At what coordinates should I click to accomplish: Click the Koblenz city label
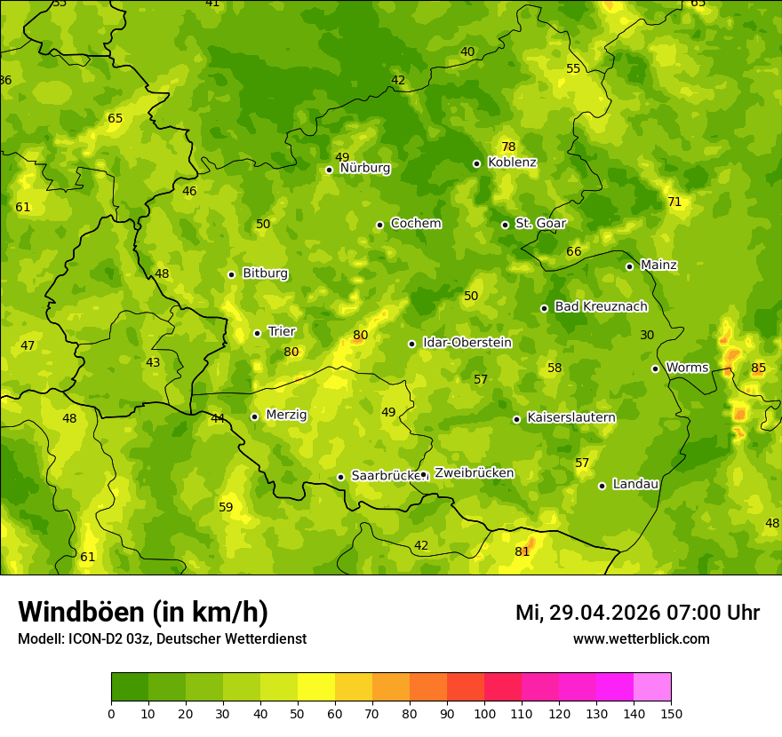512,162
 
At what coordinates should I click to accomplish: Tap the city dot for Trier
258,333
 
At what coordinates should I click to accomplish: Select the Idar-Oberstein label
467,343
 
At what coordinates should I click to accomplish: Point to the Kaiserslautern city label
571,417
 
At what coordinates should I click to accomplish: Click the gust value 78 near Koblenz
508,147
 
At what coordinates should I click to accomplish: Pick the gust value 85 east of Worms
758,368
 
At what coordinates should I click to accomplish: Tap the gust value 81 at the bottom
522,551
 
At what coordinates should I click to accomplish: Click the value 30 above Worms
647,335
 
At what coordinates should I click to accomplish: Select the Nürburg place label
364,168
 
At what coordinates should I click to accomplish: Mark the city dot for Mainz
629,266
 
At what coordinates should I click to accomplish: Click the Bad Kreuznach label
601,306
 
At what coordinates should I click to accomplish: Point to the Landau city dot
602,486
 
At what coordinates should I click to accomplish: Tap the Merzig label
286,415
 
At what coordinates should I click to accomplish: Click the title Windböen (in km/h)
143,612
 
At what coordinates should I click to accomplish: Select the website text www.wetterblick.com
641,639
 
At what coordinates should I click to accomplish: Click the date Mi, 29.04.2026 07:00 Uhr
637,613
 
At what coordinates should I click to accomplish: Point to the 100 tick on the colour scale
484,713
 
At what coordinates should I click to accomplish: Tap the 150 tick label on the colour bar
671,713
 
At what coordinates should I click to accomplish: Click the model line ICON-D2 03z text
162,639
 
